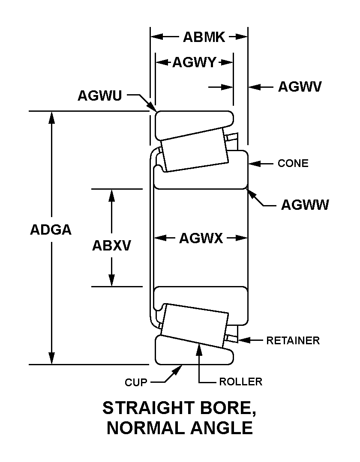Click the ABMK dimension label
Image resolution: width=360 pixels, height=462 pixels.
(204, 37)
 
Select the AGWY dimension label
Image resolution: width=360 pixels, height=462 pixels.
(194, 63)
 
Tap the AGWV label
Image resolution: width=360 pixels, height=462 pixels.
(300, 87)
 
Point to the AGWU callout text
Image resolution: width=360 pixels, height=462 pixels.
(99, 95)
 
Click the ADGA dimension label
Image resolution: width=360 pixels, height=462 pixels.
(51, 230)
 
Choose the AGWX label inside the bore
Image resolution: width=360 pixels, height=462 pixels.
(201, 238)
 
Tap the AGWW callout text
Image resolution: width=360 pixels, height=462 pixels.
(305, 205)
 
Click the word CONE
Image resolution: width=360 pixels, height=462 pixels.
(293, 163)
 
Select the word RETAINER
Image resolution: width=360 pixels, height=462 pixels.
(293, 340)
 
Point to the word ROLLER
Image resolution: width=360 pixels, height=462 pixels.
(240, 382)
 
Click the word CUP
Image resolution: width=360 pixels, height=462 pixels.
(136, 382)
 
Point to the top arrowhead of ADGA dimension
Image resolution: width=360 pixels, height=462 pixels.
(51, 116)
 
